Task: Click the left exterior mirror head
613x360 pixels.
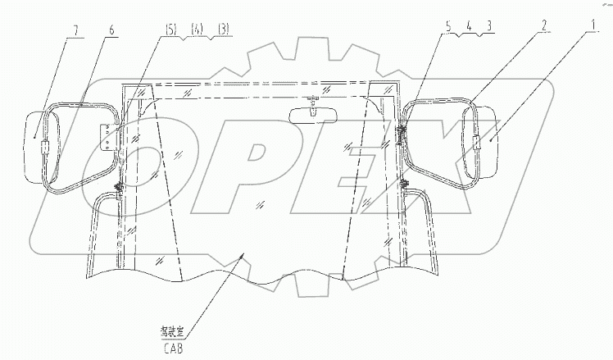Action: [39, 146]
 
